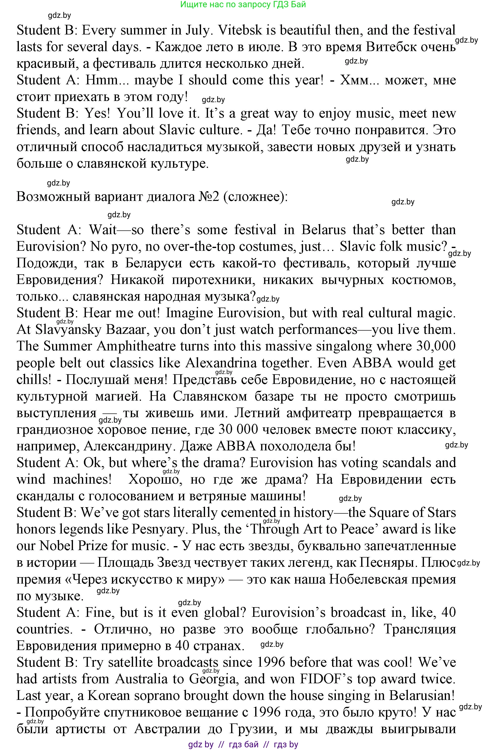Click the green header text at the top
[243, 4]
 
